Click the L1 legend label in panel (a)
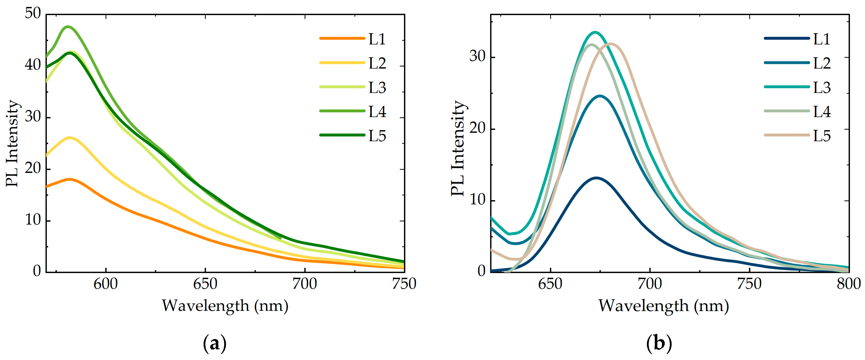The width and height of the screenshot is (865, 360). [x=377, y=39]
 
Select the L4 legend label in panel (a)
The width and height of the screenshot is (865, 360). [x=377, y=112]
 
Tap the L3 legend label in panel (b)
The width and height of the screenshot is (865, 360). [x=821, y=87]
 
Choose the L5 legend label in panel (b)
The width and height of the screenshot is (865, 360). [x=821, y=136]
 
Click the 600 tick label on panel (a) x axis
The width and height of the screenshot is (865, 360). [x=105, y=284]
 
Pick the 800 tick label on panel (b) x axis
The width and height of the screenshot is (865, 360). [x=848, y=284]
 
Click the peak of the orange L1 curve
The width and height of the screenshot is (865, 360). [x=70, y=179]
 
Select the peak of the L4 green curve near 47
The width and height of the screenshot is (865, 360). [x=68, y=26]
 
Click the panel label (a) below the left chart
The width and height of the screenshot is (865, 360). [x=215, y=343]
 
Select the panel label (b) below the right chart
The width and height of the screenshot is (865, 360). [x=659, y=343]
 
